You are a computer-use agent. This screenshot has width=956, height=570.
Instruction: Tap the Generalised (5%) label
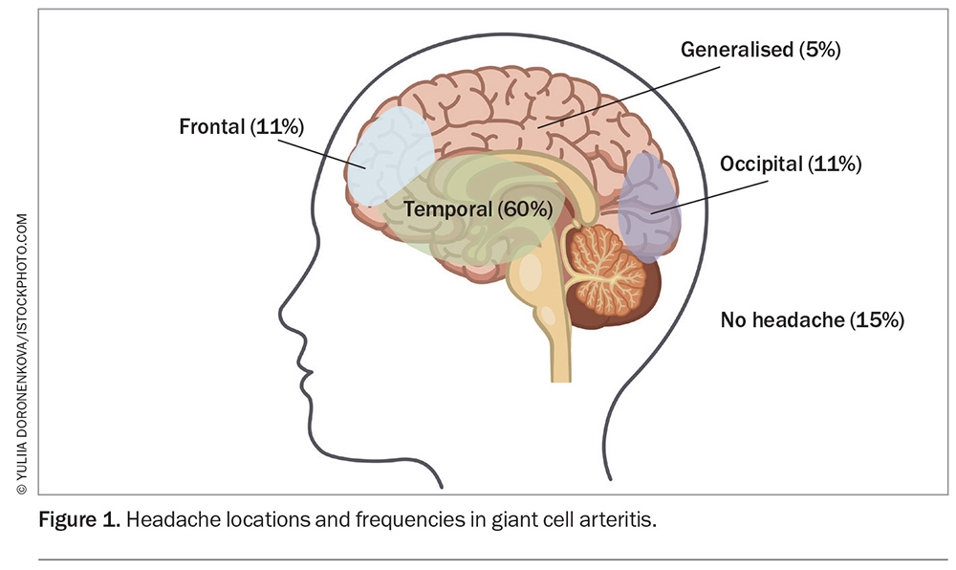point(760,51)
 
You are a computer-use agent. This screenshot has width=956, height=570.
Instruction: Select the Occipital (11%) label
point(791,164)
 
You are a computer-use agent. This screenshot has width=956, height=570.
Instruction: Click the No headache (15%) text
point(812,320)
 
